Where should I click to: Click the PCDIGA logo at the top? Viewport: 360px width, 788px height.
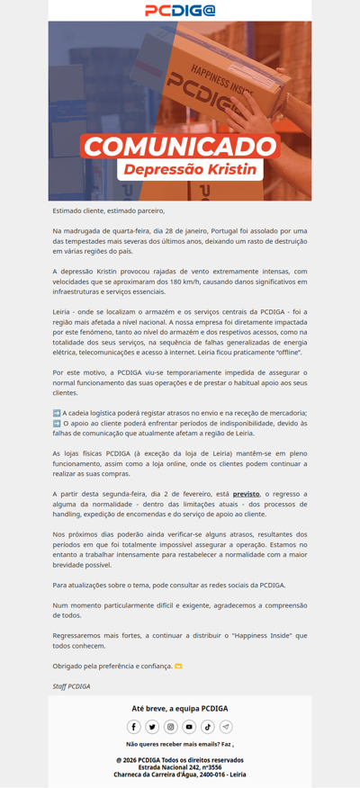pos(180,10)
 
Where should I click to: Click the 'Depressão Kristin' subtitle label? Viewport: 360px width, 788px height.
pos(190,169)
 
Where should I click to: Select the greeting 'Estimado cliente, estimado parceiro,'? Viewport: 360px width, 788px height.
pos(109,210)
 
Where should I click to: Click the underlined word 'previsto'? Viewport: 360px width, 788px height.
pos(246,494)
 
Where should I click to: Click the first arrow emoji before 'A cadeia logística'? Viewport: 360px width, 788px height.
pos(57,412)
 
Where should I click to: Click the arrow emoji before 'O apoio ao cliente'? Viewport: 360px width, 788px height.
pos(57,422)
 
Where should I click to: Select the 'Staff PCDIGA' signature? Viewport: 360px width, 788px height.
pos(71,685)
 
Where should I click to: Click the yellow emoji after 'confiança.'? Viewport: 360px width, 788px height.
pos(177,667)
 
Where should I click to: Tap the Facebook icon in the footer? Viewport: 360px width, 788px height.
pos(134,727)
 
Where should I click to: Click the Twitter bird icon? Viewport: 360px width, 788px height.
pos(152,727)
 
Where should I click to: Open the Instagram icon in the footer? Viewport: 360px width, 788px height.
pos(171,727)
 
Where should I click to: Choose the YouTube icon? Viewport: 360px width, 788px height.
pos(189,727)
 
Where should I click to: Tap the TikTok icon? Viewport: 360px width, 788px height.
pos(208,727)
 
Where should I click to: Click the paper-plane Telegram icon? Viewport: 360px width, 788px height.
pos(226,727)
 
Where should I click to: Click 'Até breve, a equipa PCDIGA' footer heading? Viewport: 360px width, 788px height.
pos(180,708)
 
